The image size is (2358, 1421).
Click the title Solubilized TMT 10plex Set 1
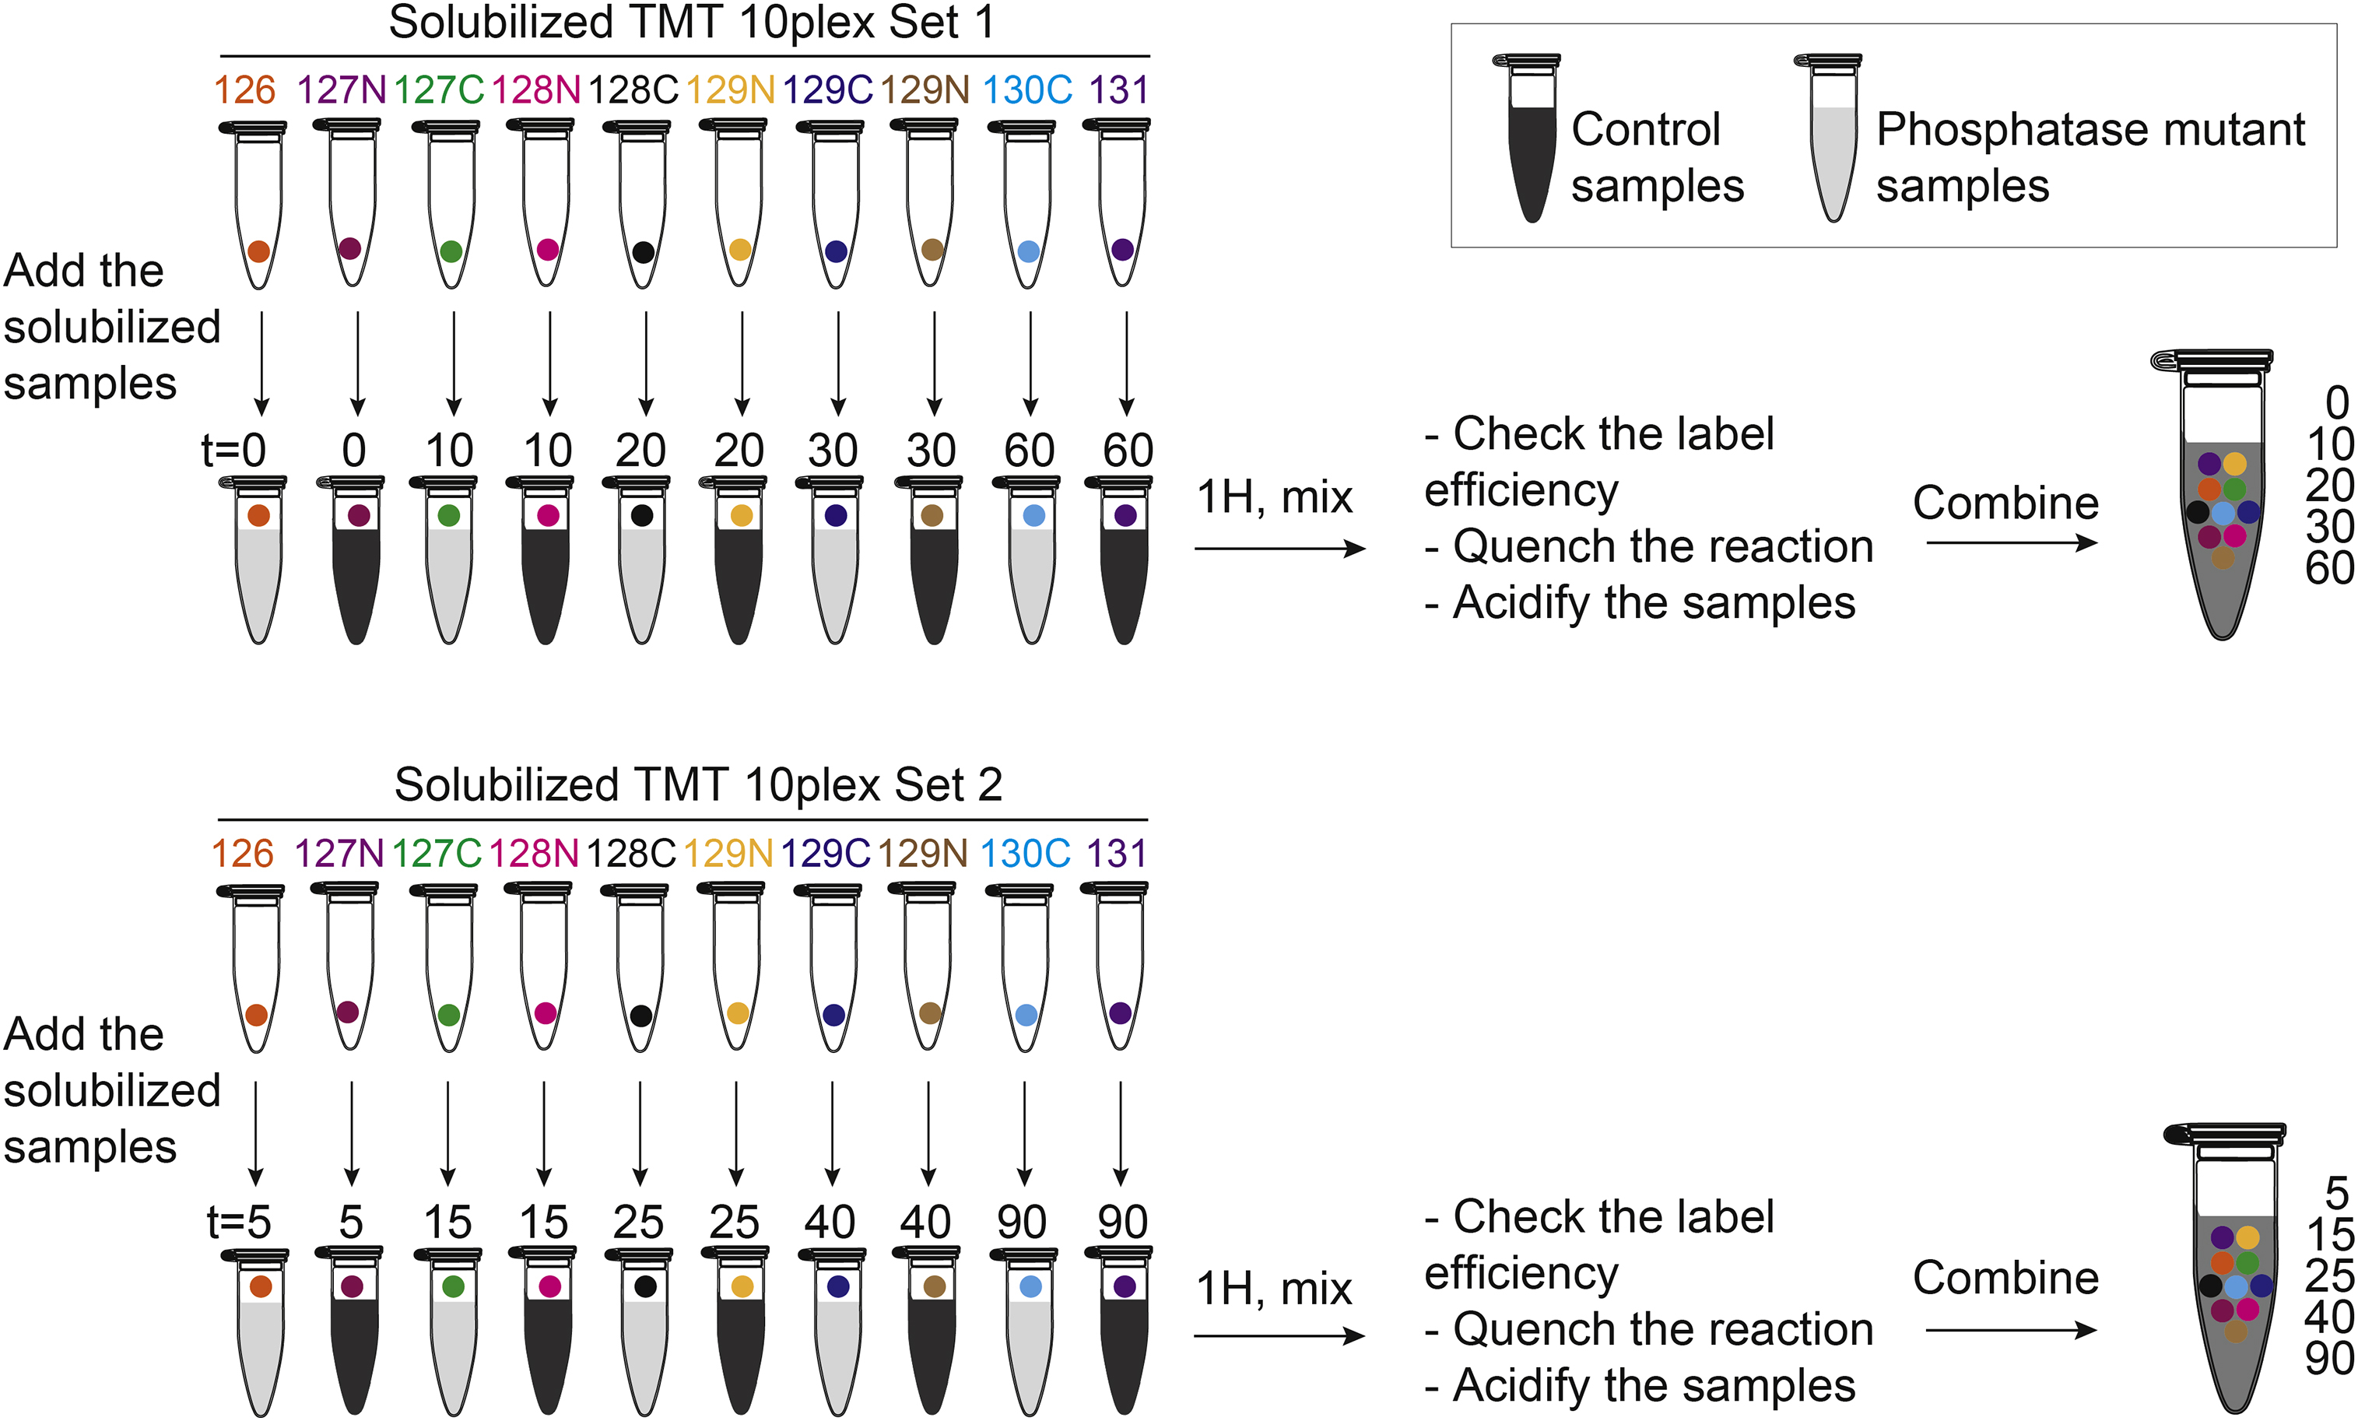click(x=691, y=23)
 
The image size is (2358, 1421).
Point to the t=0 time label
click(x=233, y=450)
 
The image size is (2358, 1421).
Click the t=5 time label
click(x=239, y=1222)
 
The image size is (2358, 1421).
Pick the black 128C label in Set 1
click(x=633, y=90)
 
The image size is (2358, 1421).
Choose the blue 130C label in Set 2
click(x=1025, y=854)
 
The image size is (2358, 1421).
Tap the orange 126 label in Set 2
click(x=242, y=854)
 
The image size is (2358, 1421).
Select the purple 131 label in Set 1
click(x=1119, y=90)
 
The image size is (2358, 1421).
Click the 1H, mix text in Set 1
click(x=1275, y=497)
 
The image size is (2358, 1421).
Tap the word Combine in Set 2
click(x=2005, y=1278)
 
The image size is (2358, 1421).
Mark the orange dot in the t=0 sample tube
click(x=258, y=515)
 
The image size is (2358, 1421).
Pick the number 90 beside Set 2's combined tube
click(x=2330, y=1359)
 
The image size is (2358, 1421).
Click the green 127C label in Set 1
click(x=438, y=90)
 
